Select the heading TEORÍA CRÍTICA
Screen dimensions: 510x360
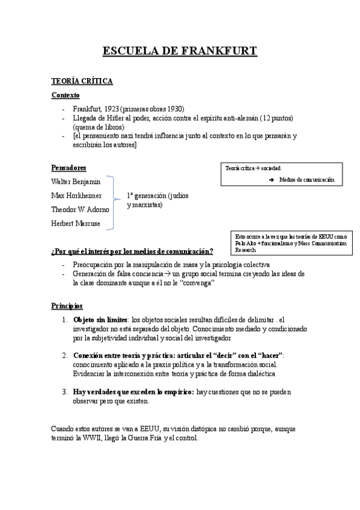click(82, 81)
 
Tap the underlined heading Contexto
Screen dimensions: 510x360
click(66, 96)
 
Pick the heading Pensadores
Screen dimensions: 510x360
click(69, 167)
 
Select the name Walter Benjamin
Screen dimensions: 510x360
click(76, 181)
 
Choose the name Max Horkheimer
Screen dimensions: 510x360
click(76, 195)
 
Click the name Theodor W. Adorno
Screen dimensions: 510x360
click(80, 210)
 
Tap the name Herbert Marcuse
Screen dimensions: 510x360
click(76, 224)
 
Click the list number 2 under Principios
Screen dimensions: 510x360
click(65, 356)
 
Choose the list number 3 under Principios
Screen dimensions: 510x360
click(65, 392)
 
